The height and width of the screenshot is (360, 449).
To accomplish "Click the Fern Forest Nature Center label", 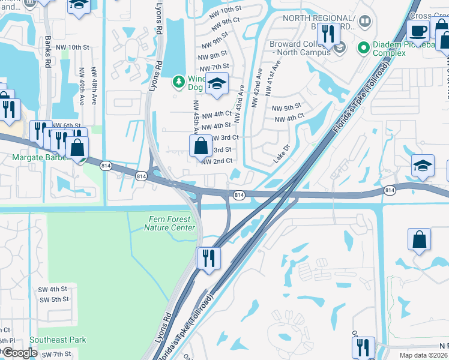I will (171, 223).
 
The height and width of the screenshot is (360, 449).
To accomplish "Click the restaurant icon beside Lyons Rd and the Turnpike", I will (208, 258).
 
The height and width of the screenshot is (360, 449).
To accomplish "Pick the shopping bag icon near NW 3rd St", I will (199, 146).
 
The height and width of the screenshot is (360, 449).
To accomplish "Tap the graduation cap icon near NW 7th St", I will (217, 85).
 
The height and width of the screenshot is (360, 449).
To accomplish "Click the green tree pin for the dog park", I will (178, 81).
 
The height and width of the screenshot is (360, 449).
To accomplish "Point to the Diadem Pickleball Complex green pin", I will (363, 47).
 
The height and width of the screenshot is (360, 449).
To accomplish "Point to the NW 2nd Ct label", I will (217, 161).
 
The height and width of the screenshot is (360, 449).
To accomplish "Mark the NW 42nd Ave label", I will (258, 88).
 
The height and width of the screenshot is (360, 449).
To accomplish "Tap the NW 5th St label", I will (286, 108).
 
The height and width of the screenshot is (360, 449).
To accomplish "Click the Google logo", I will (20, 353).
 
